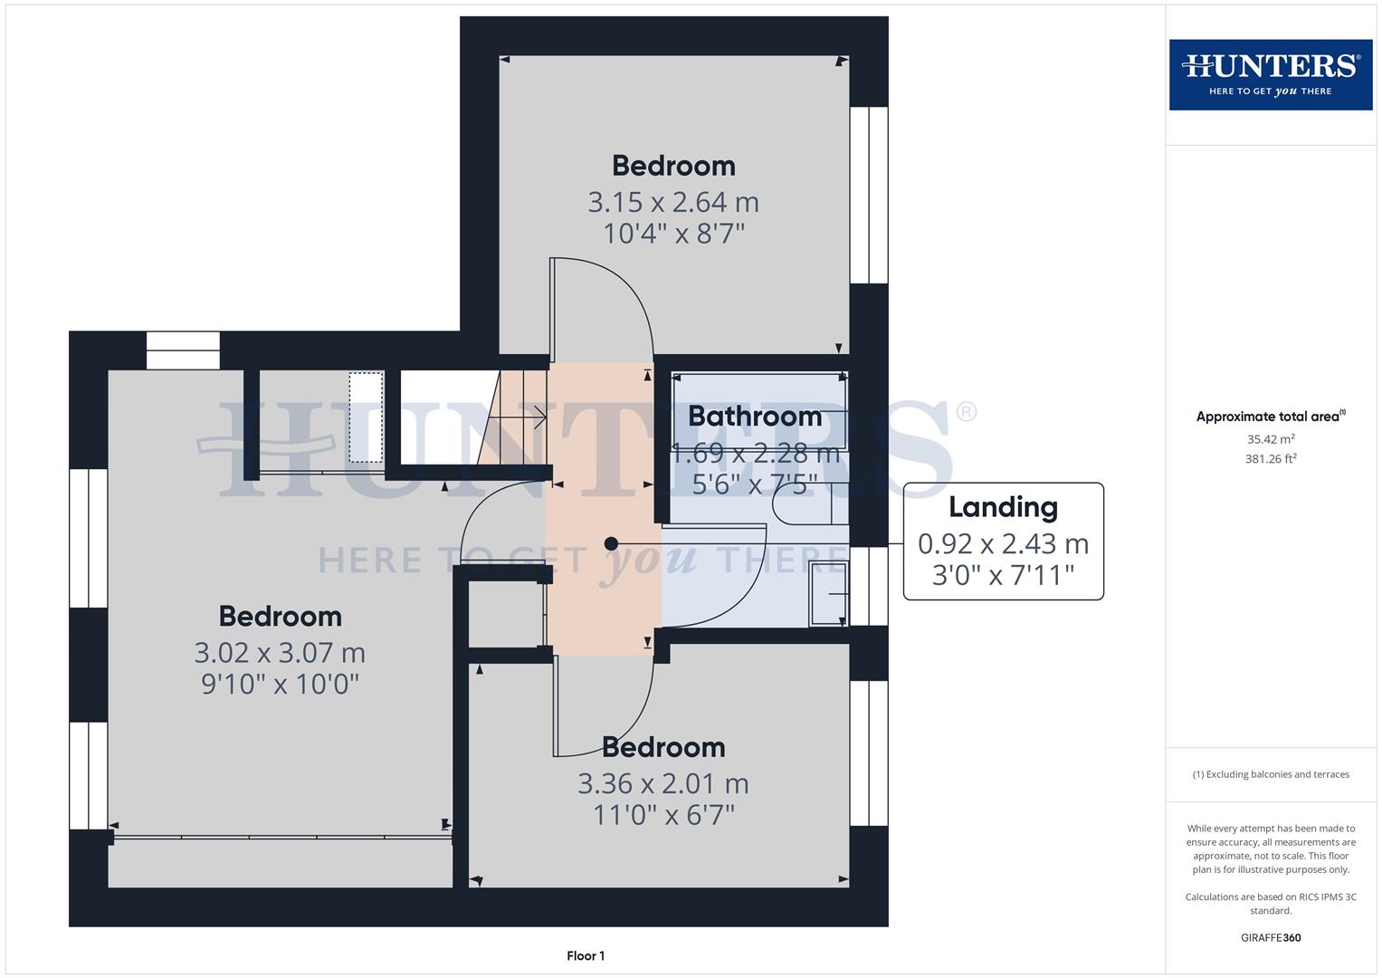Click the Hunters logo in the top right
pyautogui.click(x=1270, y=74)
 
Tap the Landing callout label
pyautogui.click(x=1003, y=508)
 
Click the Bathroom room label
pyautogui.click(x=755, y=417)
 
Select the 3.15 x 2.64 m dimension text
pyautogui.click(x=673, y=202)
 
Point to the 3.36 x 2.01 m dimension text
pyautogui.click(x=663, y=783)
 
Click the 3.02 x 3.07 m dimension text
pyautogui.click(x=280, y=653)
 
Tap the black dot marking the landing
pyautogui.click(x=611, y=543)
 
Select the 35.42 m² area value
pyautogui.click(x=1271, y=439)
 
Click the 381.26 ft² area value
pyautogui.click(x=1271, y=458)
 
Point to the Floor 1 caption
pyautogui.click(x=586, y=955)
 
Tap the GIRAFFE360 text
pyautogui.click(x=1271, y=937)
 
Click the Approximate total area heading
pyautogui.click(x=1270, y=417)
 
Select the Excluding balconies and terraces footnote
pyautogui.click(x=1271, y=774)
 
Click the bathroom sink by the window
pyautogui.click(x=828, y=593)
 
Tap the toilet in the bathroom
pyautogui.click(x=805, y=504)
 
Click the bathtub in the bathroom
pyautogui.click(x=758, y=412)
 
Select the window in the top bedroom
pyautogui.click(x=869, y=195)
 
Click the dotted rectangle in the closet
pyautogui.click(x=367, y=417)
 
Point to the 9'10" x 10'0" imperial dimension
pyautogui.click(x=280, y=684)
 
